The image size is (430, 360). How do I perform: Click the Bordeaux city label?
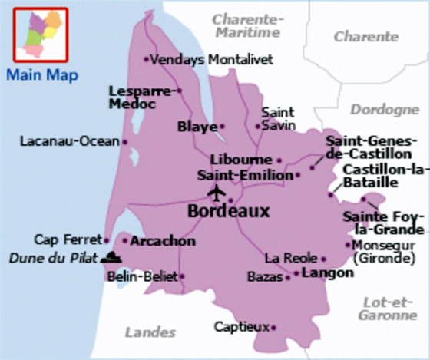(228, 210)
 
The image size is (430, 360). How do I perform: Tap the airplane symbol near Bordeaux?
(217, 191)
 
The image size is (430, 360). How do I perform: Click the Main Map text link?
(40, 75)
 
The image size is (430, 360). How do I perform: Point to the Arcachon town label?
(163, 241)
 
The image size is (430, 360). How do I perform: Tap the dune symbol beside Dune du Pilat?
(112, 257)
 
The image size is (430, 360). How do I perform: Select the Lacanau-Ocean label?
(69, 141)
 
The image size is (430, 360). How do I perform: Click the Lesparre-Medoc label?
(140, 97)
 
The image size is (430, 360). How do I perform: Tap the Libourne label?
(241, 159)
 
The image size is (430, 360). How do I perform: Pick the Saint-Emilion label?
(245, 175)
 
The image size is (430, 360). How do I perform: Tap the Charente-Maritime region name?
(247, 25)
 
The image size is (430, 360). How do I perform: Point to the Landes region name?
(150, 332)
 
